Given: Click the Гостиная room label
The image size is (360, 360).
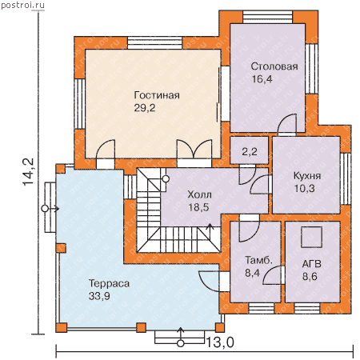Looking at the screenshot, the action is [x=157, y=95].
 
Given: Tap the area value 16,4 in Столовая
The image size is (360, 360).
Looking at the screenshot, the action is [x=262, y=79].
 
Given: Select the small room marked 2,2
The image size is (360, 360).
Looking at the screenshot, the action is [x=249, y=150].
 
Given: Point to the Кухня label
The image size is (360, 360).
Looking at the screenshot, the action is [x=307, y=176].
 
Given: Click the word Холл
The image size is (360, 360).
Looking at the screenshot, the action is [x=199, y=194].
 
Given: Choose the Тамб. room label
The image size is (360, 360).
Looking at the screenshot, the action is [x=258, y=260].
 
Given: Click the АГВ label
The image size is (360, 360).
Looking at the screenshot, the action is [x=311, y=264].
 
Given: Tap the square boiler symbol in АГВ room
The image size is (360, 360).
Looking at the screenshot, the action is [x=311, y=237].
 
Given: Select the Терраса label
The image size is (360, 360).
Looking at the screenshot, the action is [x=109, y=283].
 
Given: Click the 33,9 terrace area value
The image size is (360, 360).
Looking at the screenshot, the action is [x=99, y=296].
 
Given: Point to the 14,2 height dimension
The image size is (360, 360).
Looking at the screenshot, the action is [x=28, y=172].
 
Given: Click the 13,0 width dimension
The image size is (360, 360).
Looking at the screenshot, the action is [x=220, y=342].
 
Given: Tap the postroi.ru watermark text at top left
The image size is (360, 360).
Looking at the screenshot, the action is [x=22, y=5].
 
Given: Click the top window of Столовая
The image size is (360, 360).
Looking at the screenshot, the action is [x=268, y=18].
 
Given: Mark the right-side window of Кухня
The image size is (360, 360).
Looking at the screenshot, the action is [x=346, y=178].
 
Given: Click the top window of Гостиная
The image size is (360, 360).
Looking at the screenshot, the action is [x=155, y=42].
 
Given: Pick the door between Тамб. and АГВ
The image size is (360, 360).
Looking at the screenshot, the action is [x=272, y=275].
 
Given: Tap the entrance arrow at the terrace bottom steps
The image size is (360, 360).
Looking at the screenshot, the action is [x=181, y=335].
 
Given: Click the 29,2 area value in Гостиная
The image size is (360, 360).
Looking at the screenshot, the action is [x=145, y=108].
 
